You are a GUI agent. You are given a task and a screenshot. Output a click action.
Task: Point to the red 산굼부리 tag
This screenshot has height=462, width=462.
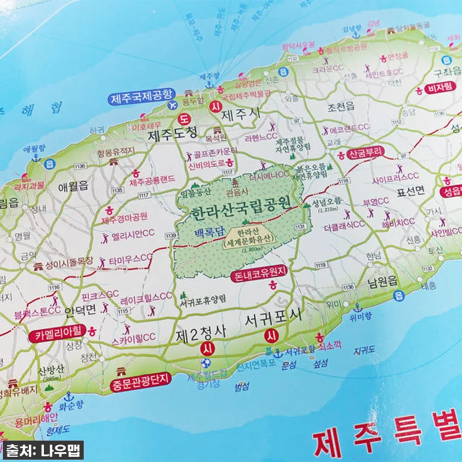366,154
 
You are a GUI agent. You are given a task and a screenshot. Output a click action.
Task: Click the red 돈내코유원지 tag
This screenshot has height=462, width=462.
259,276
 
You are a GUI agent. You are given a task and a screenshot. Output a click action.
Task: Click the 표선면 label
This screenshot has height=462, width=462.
409,189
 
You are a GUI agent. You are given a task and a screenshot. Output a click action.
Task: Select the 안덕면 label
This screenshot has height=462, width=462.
80,311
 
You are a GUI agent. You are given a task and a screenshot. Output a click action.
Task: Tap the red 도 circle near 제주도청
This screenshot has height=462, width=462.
185,120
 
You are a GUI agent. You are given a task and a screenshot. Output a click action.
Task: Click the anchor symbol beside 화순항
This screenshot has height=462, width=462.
69,397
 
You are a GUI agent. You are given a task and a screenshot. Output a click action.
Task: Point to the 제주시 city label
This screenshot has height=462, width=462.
241,113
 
